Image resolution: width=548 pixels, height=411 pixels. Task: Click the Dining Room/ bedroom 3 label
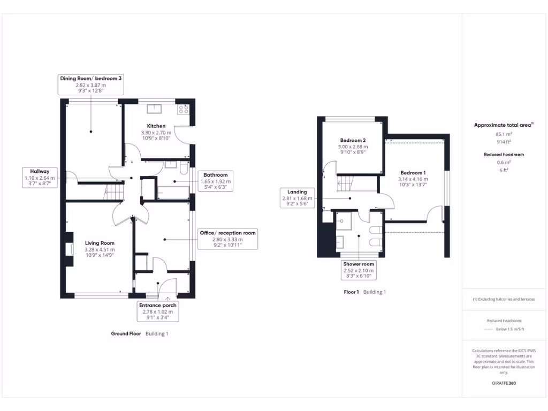point(90,85)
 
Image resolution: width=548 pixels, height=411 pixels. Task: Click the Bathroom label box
point(215,181)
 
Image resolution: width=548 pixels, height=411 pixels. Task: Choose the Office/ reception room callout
point(227,239)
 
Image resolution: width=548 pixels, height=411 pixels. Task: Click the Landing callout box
point(297,198)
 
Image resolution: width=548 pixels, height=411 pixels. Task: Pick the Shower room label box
point(359,270)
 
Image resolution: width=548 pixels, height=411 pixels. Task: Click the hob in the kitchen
point(184,109)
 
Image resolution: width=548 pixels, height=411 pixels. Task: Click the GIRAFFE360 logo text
point(504,383)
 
